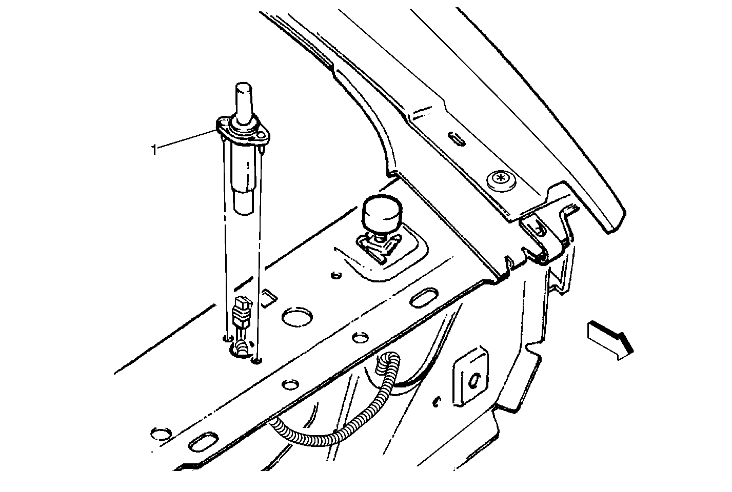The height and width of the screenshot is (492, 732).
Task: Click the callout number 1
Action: click(x=154, y=150)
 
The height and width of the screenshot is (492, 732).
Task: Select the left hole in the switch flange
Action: click(x=223, y=123)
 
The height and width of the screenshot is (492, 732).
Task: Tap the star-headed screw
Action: click(x=500, y=179)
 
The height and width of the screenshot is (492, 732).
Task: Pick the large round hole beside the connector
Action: click(x=297, y=317)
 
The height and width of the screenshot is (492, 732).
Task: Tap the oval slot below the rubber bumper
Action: click(x=424, y=297)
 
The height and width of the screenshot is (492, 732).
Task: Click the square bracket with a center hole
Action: click(x=470, y=379)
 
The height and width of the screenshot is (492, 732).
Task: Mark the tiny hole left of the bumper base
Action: click(x=335, y=275)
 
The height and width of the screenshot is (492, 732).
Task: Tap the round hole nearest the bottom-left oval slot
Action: click(x=161, y=434)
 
